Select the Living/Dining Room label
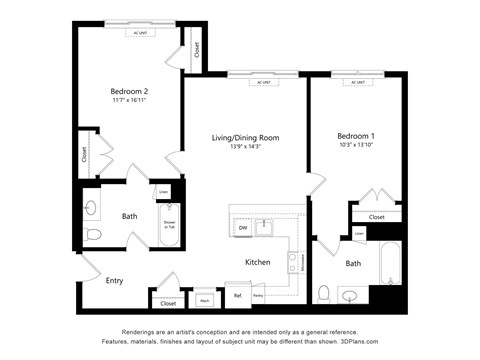[x=245, y=137]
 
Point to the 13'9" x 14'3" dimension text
[x=245, y=147]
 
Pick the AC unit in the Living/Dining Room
[x=263, y=82]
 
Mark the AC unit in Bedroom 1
[x=357, y=82]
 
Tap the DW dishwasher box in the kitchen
[x=243, y=228]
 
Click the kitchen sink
[x=265, y=227]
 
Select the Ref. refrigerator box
[x=239, y=296]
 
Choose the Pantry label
[x=258, y=296]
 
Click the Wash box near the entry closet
[x=204, y=299]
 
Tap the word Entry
[x=114, y=281]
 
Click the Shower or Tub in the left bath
[x=169, y=225]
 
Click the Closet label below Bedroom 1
[x=377, y=216]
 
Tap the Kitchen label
[x=258, y=262]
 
